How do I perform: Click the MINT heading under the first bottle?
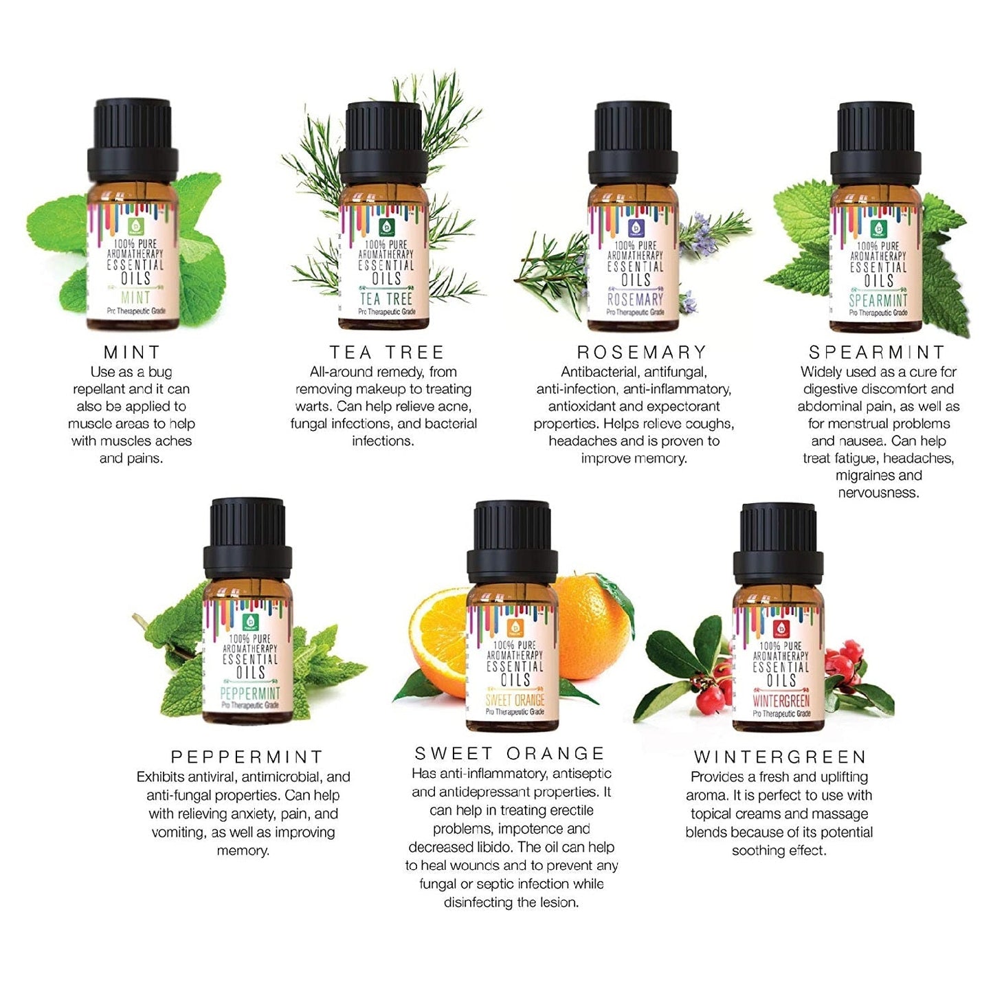[131, 353]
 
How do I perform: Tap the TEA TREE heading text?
[386, 353]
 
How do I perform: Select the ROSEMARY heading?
[642, 353]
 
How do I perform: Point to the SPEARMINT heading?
[877, 353]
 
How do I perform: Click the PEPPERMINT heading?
[247, 757]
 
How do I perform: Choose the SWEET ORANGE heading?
[509, 753]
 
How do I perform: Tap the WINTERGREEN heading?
[780, 757]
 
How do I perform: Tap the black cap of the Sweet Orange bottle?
[511, 544]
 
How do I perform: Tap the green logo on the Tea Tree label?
[386, 227]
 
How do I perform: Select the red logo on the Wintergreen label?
[779, 628]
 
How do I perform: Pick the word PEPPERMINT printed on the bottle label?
[250, 693]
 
